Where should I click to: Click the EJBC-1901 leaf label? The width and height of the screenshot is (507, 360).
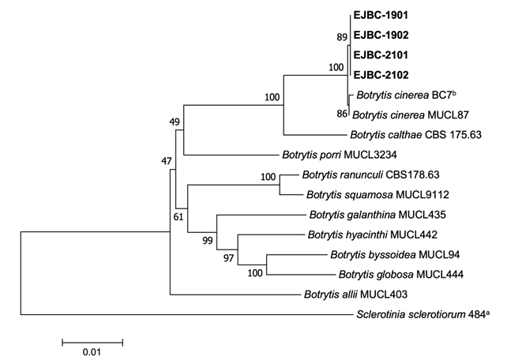pos(381,15)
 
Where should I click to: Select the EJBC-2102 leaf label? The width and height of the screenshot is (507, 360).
pos(381,75)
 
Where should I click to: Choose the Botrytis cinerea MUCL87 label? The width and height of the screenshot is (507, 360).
pos(411,114)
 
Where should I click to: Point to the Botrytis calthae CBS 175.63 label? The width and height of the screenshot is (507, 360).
pos(416,134)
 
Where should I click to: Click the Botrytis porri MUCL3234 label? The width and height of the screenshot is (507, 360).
pos(340,155)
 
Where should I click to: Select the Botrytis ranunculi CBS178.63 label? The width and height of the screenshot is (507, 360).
pos(371,174)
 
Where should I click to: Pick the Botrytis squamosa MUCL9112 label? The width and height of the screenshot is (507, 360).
pos(378,195)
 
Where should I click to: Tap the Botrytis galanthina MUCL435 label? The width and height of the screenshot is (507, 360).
pos(377,215)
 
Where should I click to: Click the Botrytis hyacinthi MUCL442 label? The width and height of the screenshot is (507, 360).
pos(373,234)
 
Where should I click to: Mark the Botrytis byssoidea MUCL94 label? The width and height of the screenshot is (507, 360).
pos(395,255)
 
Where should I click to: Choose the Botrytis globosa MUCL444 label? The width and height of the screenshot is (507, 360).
pos(401,275)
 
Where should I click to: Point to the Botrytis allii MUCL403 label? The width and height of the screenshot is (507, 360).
pos(355,294)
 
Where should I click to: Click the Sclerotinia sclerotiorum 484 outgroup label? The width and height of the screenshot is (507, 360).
pos(423,314)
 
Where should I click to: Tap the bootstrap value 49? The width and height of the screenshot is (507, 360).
pos(175,122)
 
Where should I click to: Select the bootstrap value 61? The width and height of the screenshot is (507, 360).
pos(178,217)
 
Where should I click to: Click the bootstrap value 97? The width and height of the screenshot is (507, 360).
pos(228,258)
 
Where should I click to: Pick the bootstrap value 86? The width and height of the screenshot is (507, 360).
pos(341,114)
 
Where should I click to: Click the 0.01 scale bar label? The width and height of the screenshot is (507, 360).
pos(92,352)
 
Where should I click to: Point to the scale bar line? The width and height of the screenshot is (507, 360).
pos(92,343)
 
